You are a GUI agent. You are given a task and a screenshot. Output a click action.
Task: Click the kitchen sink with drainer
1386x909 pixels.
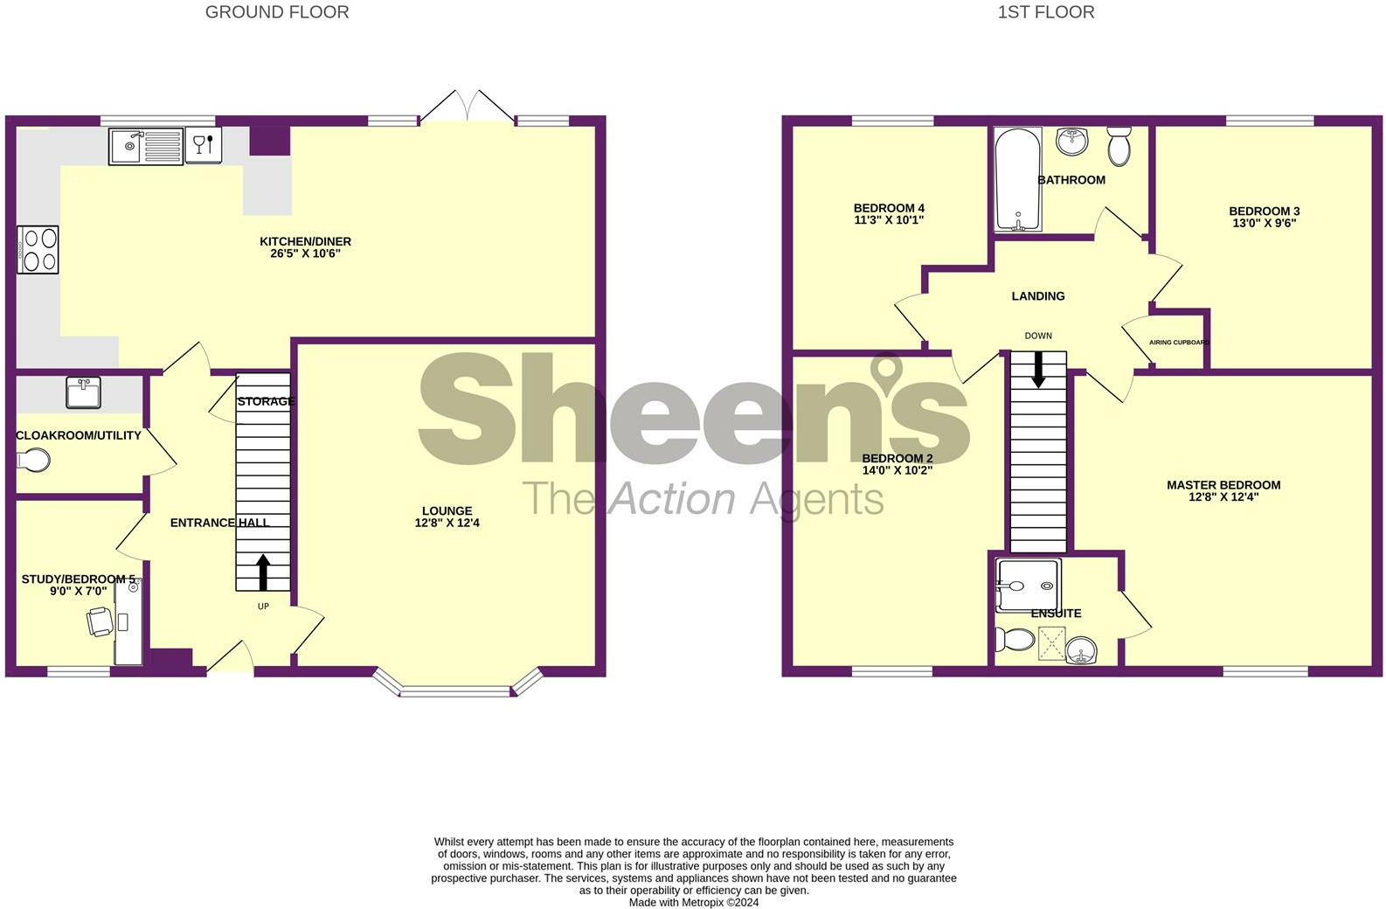(x=146, y=146)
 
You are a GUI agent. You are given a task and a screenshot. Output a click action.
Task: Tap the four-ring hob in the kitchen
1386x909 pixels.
(x=38, y=250)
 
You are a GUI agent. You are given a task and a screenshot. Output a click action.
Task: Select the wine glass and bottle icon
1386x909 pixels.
(x=204, y=145)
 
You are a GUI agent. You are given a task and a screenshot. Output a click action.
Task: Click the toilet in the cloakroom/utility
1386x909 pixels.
(x=33, y=460)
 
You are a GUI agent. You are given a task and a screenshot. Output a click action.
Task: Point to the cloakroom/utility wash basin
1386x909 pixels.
(x=84, y=392)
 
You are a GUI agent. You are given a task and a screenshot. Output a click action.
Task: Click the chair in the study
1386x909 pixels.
(x=100, y=622)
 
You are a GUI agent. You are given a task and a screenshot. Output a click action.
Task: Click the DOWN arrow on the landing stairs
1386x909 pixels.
(x=1038, y=369)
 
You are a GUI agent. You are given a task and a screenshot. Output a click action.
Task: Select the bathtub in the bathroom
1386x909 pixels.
(x=1017, y=179)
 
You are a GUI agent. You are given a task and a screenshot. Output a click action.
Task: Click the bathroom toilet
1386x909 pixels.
(x=1119, y=146)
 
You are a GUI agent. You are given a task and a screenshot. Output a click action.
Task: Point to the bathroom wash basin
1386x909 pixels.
(x=1071, y=141)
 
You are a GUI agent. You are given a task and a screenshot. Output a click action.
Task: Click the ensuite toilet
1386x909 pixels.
(x=1014, y=640)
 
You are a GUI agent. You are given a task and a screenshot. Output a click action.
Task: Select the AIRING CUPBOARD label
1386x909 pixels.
(x=1179, y=343)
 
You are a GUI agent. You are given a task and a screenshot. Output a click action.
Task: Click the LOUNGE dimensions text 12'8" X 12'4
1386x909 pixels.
(x=447, y=523)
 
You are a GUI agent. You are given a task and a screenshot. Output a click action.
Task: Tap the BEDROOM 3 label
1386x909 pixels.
(x=1264, y=211)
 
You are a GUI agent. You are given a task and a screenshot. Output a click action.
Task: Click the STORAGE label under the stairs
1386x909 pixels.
(x=266, y=401)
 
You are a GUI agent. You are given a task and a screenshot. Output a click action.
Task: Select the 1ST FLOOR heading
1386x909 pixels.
(x=1045, y=12)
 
